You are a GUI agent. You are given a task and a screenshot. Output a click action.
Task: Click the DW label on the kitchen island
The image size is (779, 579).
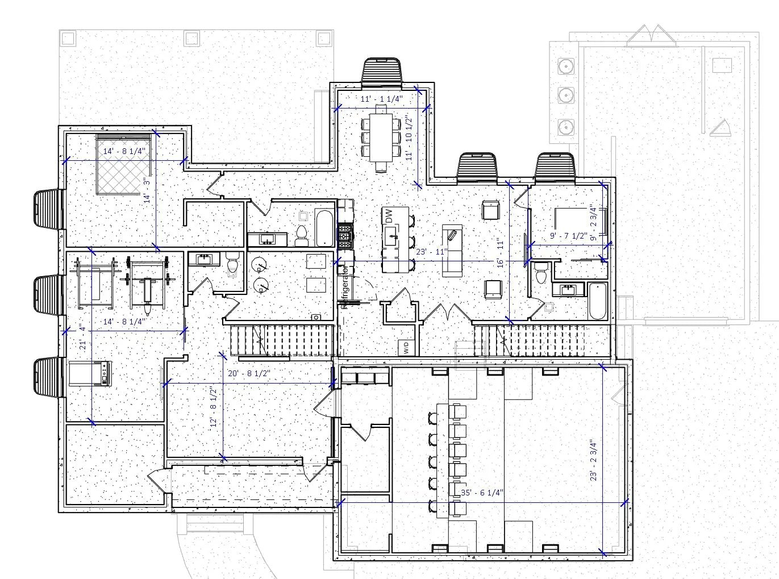pos(389,217)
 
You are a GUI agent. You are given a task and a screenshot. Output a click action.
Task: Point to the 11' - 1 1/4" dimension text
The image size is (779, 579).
pos(382,99)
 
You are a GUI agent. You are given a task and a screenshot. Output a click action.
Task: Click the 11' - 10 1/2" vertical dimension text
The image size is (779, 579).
pos(410,138)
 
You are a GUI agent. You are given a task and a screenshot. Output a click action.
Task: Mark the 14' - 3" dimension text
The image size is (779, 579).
pos(147,190)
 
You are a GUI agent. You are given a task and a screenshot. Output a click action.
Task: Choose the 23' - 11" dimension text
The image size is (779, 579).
pos(432,252)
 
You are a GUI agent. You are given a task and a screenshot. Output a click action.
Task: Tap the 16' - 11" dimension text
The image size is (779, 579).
pos(501,252)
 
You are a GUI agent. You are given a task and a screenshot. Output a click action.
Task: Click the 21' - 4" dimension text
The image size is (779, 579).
pos(83,338)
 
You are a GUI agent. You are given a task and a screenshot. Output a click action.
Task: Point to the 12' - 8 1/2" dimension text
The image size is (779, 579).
pos(214,407)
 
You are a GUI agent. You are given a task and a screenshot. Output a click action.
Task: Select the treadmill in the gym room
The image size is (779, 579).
pos(90,373)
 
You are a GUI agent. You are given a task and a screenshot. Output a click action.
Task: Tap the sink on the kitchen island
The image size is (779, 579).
pos(391,236)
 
